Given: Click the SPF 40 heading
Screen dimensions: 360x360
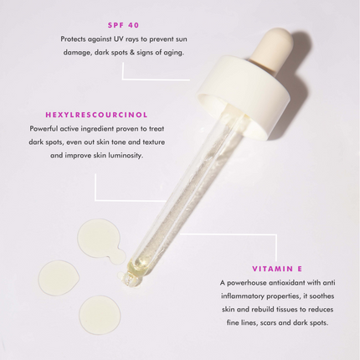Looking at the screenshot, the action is (x=123, y=25).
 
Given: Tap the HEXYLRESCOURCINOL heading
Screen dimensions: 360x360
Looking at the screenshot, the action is (x=96, y=115).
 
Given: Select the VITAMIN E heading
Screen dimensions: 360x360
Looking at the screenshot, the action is (x=277, y=269).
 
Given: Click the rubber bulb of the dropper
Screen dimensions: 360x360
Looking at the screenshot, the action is (x=273, y=46).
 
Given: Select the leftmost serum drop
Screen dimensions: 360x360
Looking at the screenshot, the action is (x=59, y=278).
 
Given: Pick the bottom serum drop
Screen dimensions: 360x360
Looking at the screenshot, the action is (x=100, y=315).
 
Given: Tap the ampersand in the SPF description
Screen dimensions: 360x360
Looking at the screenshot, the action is (x=131, y=53).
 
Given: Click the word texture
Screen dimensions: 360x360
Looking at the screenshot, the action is (x=153, y=142).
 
